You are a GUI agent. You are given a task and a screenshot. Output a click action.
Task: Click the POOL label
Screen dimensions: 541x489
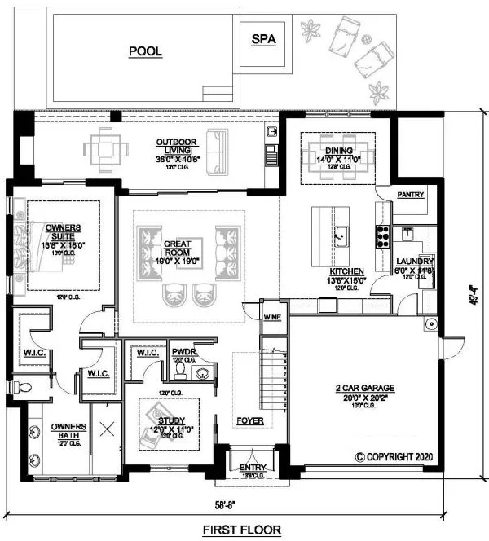point(145,51)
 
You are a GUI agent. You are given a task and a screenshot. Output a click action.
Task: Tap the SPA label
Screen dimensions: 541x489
point(263,38)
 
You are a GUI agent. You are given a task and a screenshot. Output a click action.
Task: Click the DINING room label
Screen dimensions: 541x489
point(337,151)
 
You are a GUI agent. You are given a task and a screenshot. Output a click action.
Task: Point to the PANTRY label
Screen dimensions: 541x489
point(412,196)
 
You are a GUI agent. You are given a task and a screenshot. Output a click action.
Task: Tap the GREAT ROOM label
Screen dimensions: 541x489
point(177,249)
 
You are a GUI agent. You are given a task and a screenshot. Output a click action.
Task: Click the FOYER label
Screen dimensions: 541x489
point(249,421)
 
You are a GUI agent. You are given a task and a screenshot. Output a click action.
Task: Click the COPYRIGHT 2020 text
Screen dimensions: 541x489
point(399,457)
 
